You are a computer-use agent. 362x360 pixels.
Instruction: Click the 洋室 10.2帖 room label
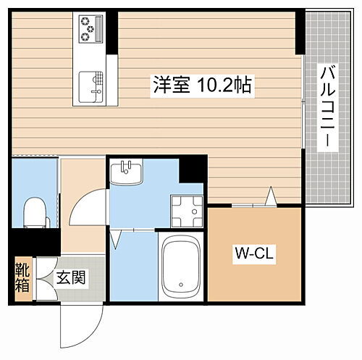point(202,85)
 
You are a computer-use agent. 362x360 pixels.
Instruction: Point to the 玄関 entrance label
point(70,276)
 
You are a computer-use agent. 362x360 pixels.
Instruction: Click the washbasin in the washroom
point(127,173)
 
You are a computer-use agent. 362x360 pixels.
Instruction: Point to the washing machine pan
point(185,210)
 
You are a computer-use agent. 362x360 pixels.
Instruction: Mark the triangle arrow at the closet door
point(271,196)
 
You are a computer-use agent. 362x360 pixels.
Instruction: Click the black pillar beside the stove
point(112,28)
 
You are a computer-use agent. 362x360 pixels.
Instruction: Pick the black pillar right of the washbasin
point(193,169)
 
